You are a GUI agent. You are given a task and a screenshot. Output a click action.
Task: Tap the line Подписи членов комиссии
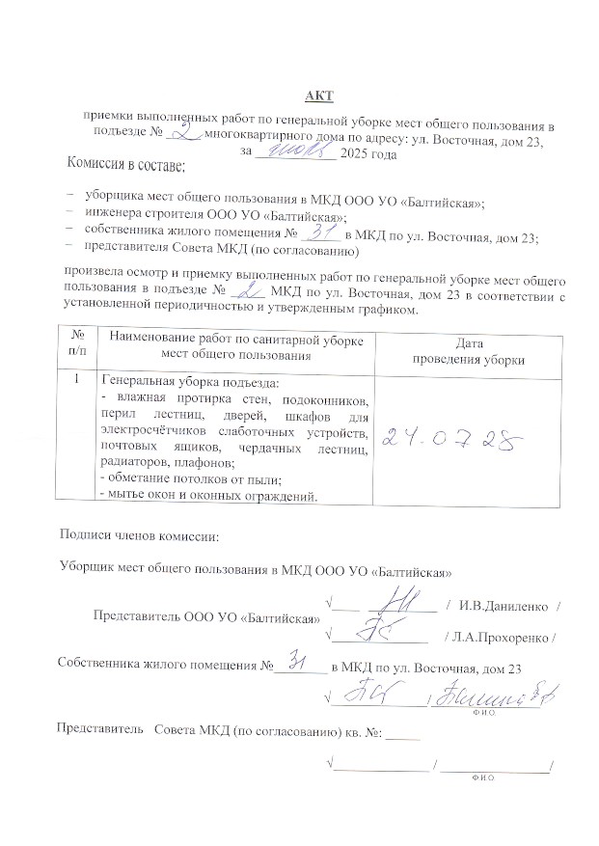139,535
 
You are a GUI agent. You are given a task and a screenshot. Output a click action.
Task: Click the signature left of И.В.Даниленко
396,603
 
